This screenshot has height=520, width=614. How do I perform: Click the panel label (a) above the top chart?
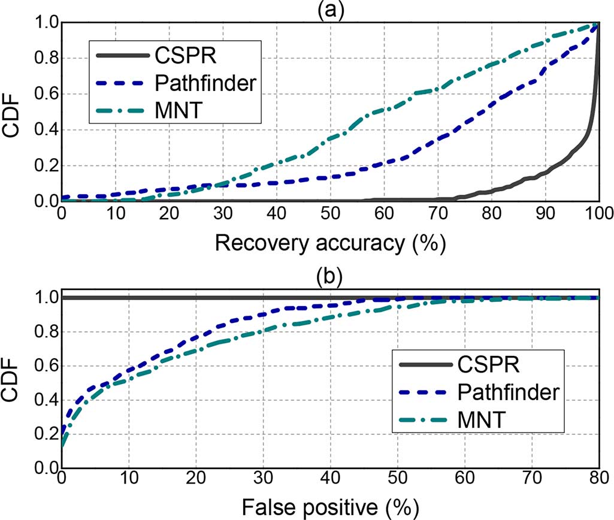click(x=329, y=9)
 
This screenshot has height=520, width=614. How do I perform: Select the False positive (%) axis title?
click(x=330, y=507)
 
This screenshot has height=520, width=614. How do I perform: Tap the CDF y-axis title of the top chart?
click(x=14, y=112)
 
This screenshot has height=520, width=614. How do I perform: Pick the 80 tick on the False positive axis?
click(x=598, y=480)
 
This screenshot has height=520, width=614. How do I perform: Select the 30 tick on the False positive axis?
click(x=262, y=480)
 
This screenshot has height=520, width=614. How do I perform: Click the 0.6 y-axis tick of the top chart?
click(x=44, y=94)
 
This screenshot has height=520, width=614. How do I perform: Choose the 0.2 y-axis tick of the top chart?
click(x=44, y=166)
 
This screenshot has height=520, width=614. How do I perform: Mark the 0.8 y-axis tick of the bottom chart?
click(x=44, y=332)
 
